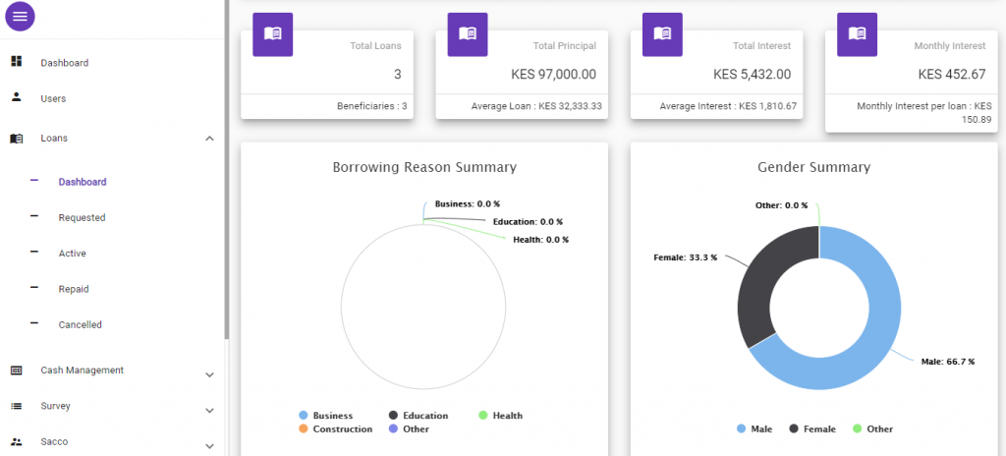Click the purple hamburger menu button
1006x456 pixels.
click(21, 16)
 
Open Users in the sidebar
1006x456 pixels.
click(53, 98)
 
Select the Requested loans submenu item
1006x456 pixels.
click(82, 217)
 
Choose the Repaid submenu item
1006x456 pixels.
click(74, 289)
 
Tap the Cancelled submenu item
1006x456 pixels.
click(80, 324)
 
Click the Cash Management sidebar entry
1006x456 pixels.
click(82, 370)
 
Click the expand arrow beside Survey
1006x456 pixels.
click(209, 410)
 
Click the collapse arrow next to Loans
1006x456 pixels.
click(209, 139)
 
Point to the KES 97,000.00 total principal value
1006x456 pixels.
click(553, 74)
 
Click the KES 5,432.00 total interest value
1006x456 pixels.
click(752, 74)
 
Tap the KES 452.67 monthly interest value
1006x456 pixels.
click(951, 74)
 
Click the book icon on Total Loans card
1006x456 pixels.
click(273, 33)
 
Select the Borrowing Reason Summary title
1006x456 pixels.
click(424, 167)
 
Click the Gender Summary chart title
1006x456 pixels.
click(813, 167)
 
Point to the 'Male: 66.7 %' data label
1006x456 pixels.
click(947, 362)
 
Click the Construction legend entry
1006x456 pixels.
click(342, 428)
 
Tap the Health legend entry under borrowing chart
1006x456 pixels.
click(507, 416)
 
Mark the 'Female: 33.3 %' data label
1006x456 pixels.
click(685, 257)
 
